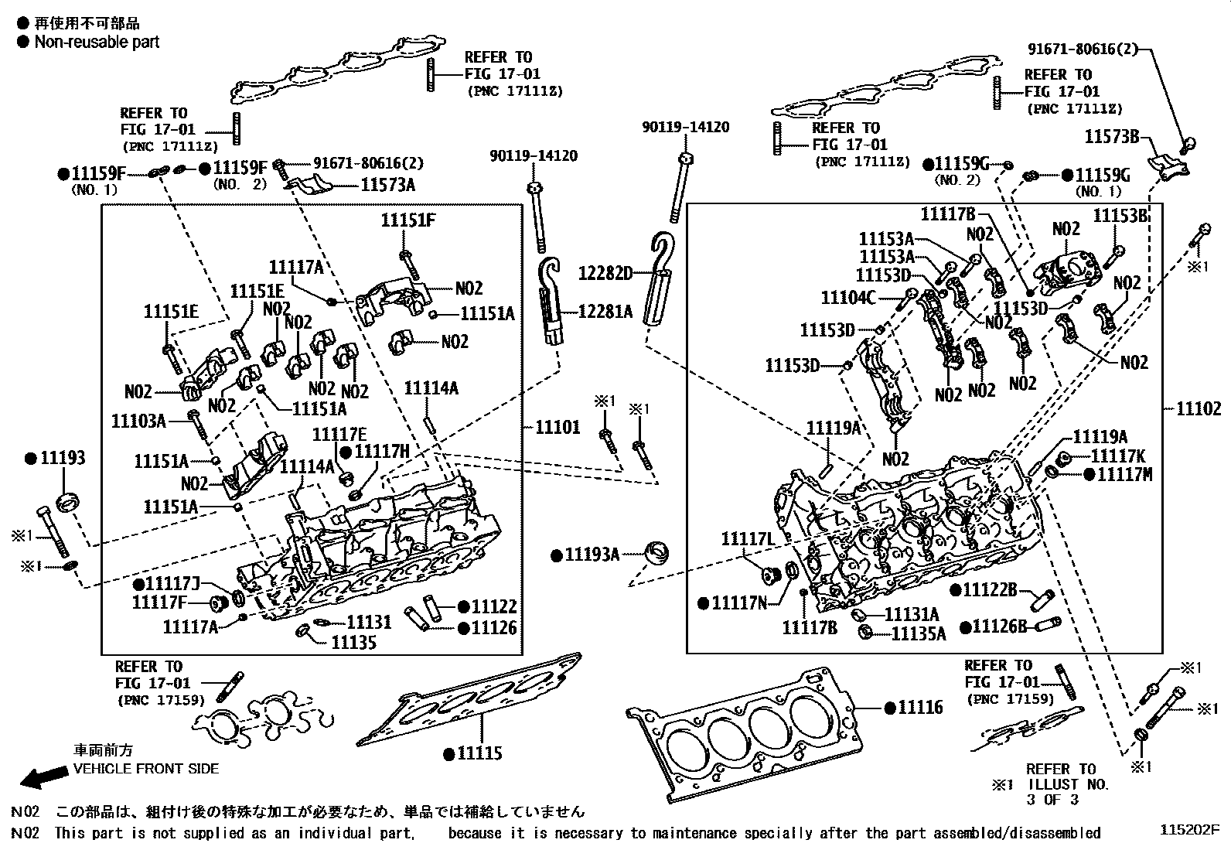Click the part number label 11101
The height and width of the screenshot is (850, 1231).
(558, 427)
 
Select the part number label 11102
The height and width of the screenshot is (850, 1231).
(1199, 409)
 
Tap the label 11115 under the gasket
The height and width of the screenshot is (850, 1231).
(479, 753)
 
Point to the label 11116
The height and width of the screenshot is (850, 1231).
(920, 707)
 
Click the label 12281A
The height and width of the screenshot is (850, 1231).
(605, 311)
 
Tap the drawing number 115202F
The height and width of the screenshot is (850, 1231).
(1188, 829)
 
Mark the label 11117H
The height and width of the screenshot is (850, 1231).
(381, 451)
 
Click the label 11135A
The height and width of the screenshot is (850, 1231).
(919, 634)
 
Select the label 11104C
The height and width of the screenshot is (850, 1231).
(848, 297)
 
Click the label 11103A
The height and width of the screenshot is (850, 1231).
(138, 420)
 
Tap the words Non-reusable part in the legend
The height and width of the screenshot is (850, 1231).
(97, 42)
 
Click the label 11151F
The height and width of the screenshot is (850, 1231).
(407, 220)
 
